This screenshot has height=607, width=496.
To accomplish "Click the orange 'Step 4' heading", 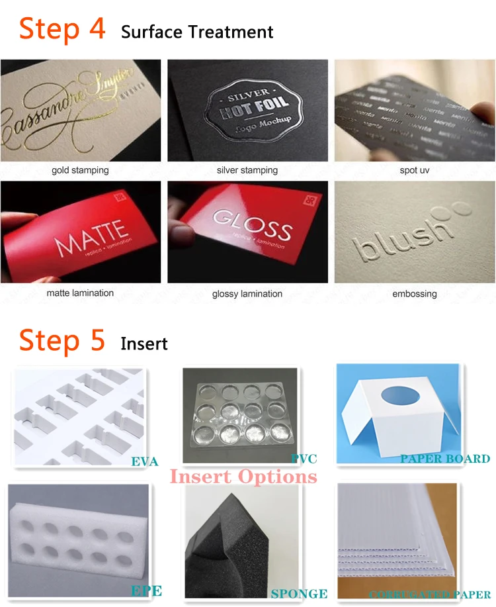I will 62,29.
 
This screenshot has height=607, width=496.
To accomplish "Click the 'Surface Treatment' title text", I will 197,32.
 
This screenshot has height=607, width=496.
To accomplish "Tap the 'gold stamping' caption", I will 80,170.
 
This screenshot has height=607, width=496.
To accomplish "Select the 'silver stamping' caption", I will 247,170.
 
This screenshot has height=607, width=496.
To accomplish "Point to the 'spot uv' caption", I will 415,170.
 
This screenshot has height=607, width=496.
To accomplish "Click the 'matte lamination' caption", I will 80,293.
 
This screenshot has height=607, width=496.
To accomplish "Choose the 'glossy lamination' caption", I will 247,293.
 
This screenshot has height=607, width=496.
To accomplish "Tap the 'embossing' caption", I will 415,293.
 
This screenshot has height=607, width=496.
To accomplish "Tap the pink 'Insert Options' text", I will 243,477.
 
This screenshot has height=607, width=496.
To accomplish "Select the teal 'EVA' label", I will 145,461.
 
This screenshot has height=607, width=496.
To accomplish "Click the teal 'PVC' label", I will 304,458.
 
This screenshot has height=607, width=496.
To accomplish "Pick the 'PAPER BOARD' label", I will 444,458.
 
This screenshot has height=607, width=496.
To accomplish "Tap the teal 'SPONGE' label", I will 299,594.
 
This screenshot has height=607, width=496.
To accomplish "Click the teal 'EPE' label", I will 146,590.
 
